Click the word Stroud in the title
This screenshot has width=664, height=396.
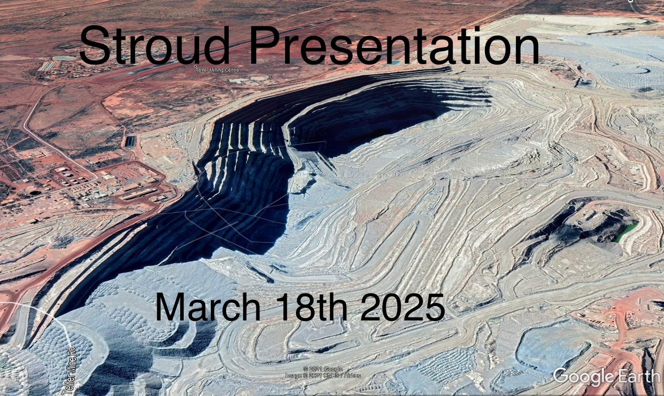(155, 45)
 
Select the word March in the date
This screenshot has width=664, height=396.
(208, 306)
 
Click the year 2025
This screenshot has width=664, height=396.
(403, 306)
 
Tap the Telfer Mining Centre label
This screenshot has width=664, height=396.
(217, 70)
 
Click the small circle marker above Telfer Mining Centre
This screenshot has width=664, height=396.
(196, 66)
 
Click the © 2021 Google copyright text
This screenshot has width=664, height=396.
(323, 369)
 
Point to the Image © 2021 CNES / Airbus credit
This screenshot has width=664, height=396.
(323, 375)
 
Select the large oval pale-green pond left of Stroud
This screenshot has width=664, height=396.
(64, 58)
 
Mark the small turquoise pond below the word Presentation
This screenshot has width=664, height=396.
(393, 62)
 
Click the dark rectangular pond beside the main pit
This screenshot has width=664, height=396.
(131, 141)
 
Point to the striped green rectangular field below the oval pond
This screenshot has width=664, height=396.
(48, 66)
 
